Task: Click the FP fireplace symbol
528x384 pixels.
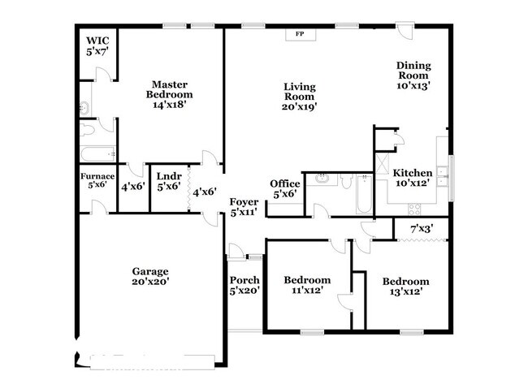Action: coord(299,34)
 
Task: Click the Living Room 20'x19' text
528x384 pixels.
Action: coord(300,96)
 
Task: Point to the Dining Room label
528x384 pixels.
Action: coord(413,75)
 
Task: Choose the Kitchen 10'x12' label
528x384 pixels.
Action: coord(413,178)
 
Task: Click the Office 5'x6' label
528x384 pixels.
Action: coord(285,188)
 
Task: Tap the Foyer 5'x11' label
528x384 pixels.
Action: coord(244,206)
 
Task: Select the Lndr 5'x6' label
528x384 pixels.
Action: coord(168,180)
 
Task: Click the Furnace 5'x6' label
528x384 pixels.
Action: coord(97,180)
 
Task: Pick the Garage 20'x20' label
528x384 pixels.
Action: coord(151,276)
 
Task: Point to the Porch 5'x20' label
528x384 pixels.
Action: coord(245,285)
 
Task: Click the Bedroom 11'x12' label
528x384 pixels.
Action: coord(306,285)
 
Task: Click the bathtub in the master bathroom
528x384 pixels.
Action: coord(97,154)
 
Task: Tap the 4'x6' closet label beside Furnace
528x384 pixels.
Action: coord(132,186)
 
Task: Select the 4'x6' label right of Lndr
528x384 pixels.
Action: coord(203,192)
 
